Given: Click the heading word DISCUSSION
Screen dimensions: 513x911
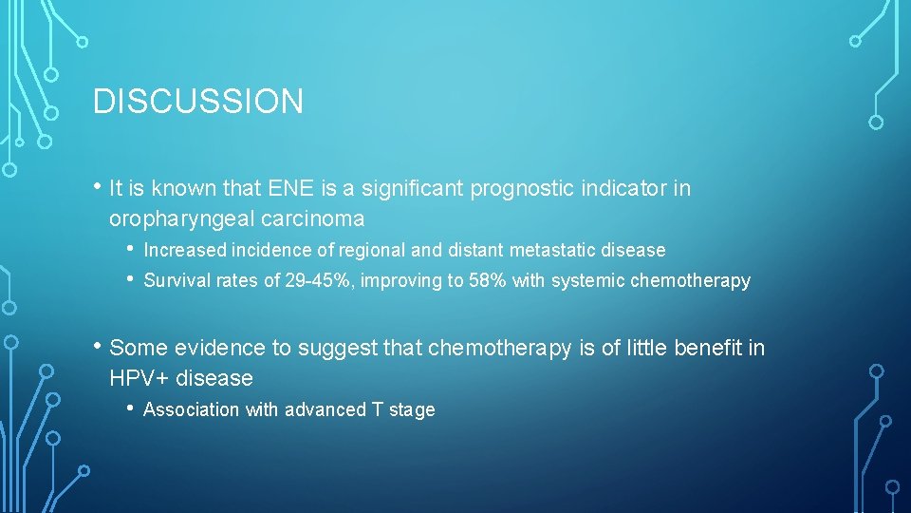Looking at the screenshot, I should pyautogui.click(x=198, y=102).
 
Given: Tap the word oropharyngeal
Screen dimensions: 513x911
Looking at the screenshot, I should pyautogui.click(x=176, y=218).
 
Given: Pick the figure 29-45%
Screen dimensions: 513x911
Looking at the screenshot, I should pyautogui.click(x=319, y=280).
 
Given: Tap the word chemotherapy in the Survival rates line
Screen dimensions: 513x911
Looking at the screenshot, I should pyautogui.click(x=690, y=280).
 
